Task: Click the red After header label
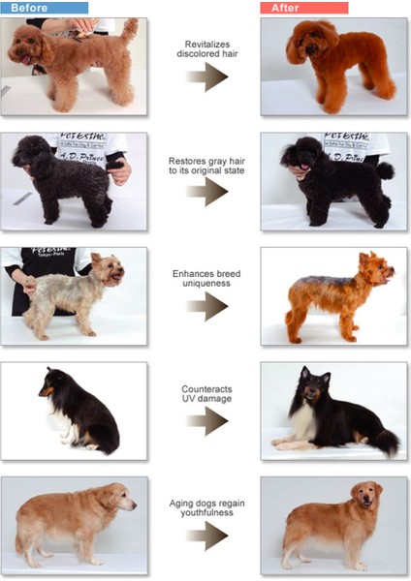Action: [x=304, y=8]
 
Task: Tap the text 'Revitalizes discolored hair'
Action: [x=206, y=49]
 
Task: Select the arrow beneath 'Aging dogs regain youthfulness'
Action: [x=206, y=535]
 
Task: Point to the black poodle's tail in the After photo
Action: [x=386, y=171]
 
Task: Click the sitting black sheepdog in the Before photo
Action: [x=85, y=412]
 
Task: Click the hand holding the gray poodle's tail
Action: [x=120, y=172]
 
